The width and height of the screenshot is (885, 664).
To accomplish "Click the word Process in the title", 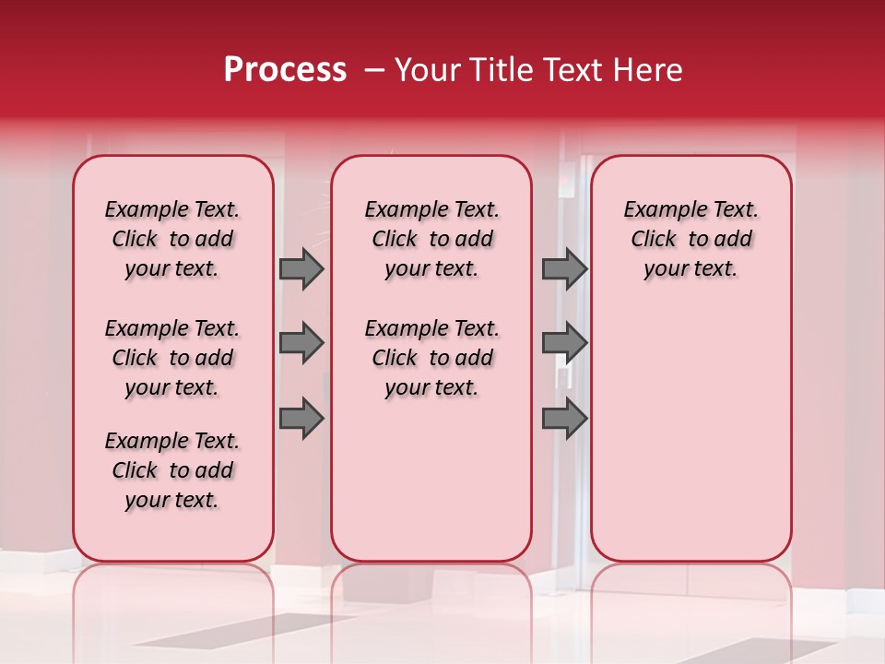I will pos(285,70).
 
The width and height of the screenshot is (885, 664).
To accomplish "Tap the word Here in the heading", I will pos(648,70).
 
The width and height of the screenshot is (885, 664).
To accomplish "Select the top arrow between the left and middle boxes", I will pos(301,269).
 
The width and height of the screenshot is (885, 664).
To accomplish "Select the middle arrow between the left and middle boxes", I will pos(301,344).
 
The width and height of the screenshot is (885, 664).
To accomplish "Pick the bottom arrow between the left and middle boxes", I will pos(301,419).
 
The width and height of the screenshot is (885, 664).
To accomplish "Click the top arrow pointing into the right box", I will pos(564,269).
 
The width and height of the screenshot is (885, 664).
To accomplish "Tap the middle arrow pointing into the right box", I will pos(564,344).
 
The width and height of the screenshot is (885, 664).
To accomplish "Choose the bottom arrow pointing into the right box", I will pos(564,419).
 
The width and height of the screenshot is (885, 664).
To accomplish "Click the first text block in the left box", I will pos(172,239).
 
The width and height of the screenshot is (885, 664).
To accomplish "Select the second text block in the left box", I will pos(172,358).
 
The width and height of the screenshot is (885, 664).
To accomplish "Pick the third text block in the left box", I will pos(172,470).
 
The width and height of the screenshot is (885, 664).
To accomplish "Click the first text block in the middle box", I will pos(431,239).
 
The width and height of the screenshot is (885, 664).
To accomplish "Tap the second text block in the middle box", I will pos(431,358).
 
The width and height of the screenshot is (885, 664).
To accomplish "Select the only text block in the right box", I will pos(691,239).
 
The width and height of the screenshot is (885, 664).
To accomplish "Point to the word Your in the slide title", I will pos(426,70).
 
